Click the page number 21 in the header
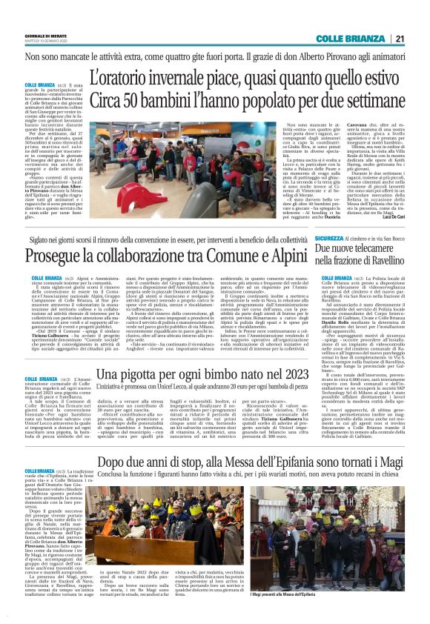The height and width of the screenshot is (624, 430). pos(400,39)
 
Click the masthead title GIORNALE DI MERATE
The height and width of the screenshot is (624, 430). pos(45,36)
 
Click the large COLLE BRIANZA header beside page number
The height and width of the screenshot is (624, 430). pos(349,39)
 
